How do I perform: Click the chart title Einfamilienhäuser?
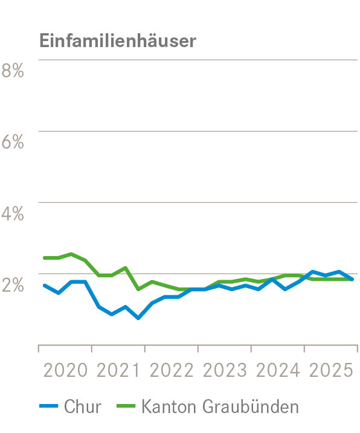118,40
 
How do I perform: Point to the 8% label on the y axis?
13,71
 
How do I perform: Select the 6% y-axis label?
13,142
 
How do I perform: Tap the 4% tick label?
13,213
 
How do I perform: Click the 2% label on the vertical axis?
13,284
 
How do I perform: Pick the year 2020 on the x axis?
66,370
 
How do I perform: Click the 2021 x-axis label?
118,370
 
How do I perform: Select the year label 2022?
172,370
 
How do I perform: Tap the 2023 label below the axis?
225,370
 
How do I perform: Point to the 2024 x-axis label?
278,370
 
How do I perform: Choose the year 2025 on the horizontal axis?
330,370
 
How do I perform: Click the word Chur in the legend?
82,406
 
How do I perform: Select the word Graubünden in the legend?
260,406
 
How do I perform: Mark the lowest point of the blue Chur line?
138,318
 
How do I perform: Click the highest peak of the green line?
71,254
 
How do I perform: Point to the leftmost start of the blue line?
44,285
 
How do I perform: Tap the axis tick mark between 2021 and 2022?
145,348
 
